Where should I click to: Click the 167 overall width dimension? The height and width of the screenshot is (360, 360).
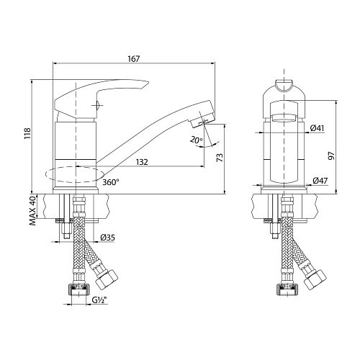point(134,59)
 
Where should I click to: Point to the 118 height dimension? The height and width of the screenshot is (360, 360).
point(28,134)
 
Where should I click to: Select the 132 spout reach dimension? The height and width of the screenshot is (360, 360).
point(142,162)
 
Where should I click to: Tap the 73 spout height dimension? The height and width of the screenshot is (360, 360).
point(220,157)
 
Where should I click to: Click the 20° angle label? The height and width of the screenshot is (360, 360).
point(197,140)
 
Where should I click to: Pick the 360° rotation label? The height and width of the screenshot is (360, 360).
point(111,182)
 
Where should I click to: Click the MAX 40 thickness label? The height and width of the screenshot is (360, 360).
point(33,210)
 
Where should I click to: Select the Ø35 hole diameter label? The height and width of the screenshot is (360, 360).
point(108,238)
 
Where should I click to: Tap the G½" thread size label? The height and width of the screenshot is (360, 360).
point(99,300)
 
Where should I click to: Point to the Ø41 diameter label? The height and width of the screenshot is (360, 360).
point(317,128)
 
